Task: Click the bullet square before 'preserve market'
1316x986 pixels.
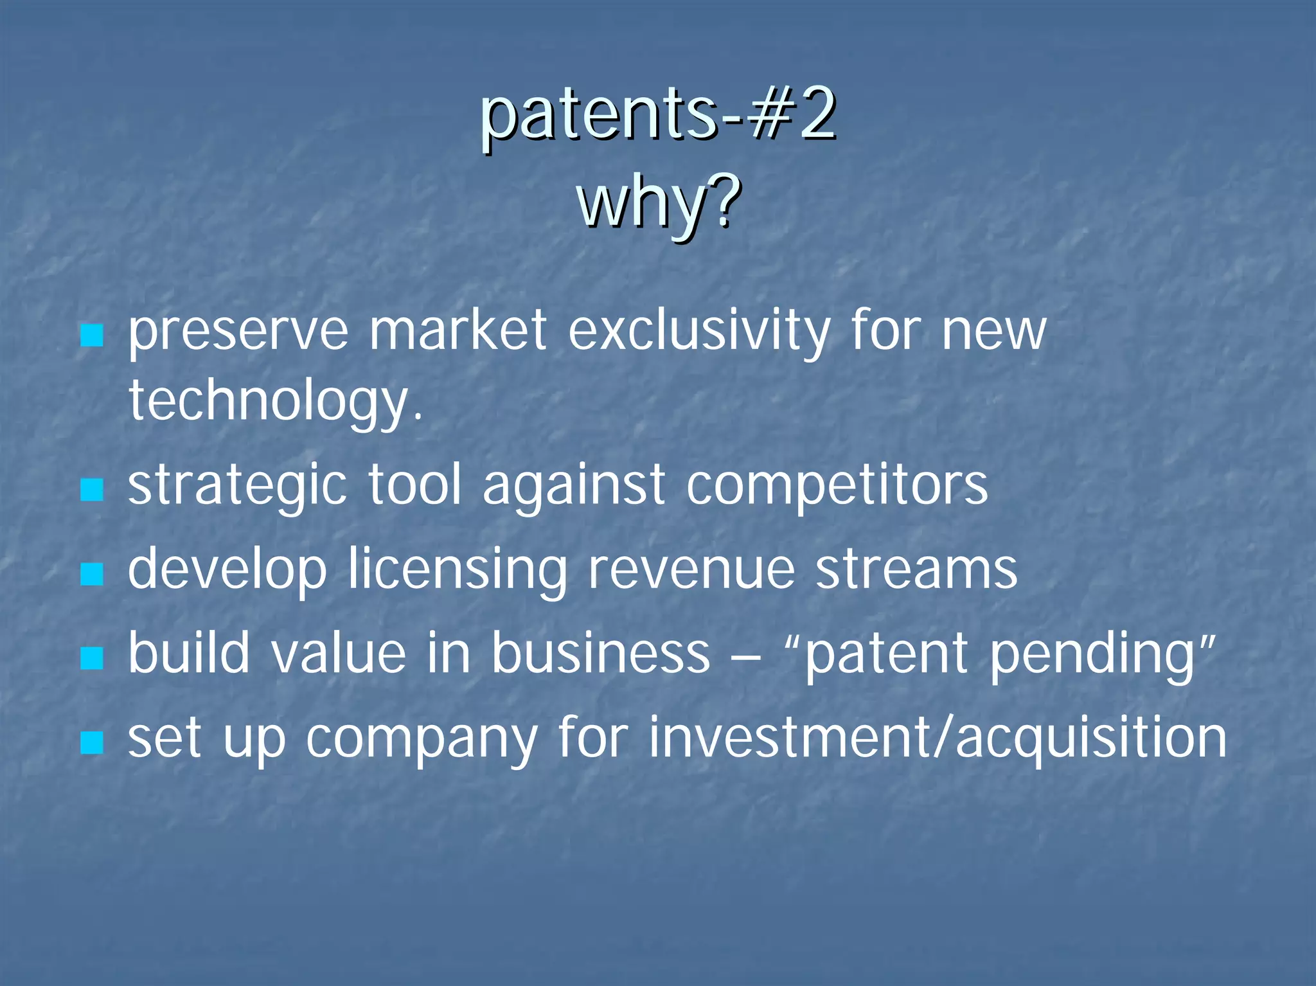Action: coord(92,335)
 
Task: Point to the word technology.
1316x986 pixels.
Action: coord(276,400)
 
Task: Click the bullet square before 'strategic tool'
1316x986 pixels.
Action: coord(92,490)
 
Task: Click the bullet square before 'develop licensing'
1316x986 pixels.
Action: coord(92,574)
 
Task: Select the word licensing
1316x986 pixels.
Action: coord(457,570)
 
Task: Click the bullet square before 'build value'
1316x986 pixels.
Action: coord(92,658)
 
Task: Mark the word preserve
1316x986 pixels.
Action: coord(238,332)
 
